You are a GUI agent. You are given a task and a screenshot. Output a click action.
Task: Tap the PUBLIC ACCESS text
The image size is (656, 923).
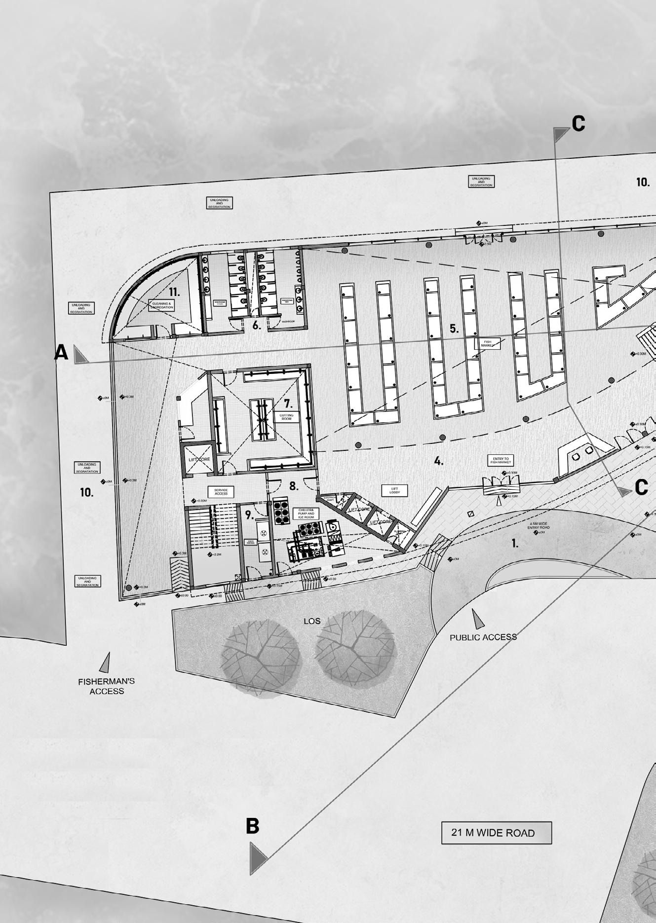(483, 637)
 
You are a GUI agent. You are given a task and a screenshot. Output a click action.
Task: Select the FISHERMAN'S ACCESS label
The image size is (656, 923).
(106, 686)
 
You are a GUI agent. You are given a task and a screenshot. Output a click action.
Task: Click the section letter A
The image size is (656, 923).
(61, 353)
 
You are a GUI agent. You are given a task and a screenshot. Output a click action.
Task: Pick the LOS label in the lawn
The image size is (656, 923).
(312, 621)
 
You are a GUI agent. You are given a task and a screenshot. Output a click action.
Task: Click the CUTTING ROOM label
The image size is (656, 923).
(286, 417)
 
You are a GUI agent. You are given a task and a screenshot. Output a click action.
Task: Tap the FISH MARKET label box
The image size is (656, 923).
(487, 343)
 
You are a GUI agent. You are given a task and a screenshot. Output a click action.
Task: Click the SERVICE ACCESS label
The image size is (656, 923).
(221, 491)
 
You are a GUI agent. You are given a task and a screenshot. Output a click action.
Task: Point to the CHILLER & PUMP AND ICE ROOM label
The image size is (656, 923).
(306, 513)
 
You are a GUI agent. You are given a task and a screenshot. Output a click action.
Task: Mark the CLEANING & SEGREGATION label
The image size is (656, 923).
(161, 305)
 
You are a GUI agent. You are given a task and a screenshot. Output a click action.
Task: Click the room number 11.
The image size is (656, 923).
(174, 292)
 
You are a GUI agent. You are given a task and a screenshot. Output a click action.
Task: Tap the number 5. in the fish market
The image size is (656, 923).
(454, 329)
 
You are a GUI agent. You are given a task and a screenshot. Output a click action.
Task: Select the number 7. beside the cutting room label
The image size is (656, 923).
(288, 403)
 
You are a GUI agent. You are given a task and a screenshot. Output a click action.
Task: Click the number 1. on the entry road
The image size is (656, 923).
(515, 543)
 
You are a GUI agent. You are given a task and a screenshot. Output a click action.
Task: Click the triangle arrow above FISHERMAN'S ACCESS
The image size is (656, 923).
(105, 662)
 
